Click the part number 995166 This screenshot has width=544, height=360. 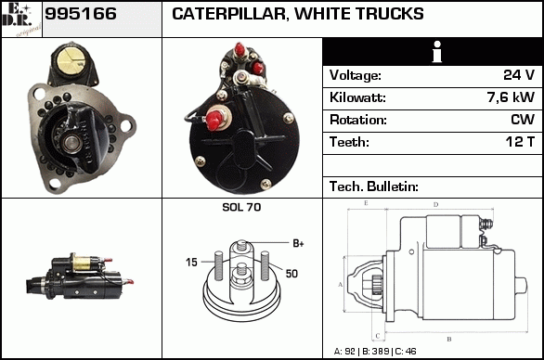coord(81,14)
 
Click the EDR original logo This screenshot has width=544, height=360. coord(21,19)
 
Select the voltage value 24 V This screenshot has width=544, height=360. coord(519,75)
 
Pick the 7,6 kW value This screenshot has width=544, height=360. coord(511,97)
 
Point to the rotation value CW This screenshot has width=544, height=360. coord(523,120)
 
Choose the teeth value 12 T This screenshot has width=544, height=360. coord(520,142)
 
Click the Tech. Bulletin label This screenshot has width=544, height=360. coord(374,186)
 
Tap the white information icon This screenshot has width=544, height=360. coord(437,52)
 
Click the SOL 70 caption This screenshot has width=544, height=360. coord(241,207)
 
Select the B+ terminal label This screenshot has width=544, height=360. coord(298,243)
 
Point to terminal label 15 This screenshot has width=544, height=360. coord(191,263)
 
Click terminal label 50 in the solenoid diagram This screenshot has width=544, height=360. coord(291,274)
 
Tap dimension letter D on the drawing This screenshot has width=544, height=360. coord(435,205)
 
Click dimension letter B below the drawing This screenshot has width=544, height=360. coord(449,339)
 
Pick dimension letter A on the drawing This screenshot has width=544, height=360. coord(341,285)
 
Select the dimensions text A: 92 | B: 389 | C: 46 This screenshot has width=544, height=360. coord(375,352)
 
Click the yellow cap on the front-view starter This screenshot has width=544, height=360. coord(71,61)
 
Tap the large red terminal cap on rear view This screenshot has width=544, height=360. coord(214,120)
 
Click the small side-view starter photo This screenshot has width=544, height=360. coord(80,276)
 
